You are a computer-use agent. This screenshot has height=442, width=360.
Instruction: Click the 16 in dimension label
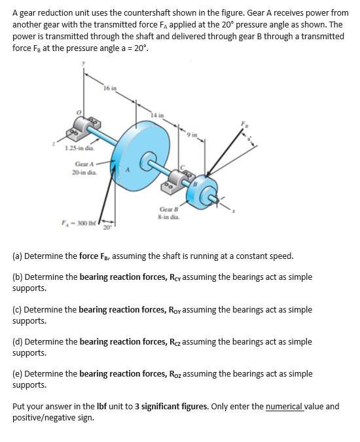pos(110,88)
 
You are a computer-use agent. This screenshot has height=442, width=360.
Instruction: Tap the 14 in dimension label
pos(157,115)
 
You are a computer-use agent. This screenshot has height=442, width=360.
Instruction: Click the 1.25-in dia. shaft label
pos(80,148)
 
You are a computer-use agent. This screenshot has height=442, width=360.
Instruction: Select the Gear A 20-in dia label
pos(84,168)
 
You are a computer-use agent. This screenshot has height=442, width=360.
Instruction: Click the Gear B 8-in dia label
pos(169,213)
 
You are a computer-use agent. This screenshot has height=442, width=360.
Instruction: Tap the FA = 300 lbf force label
pos(79,223)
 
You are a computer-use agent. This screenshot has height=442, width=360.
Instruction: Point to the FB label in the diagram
pos(243,124)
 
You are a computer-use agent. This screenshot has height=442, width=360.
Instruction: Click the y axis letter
pos(83,63)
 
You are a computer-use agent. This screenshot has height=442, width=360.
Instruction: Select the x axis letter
pos(234,211)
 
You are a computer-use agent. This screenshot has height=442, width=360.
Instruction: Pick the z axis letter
pos(53,144)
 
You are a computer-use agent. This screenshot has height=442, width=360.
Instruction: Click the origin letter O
pos(80,112)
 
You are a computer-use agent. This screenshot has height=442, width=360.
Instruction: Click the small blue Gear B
pos(202,192)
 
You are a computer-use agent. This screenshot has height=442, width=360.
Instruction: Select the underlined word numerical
pos(285,407)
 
